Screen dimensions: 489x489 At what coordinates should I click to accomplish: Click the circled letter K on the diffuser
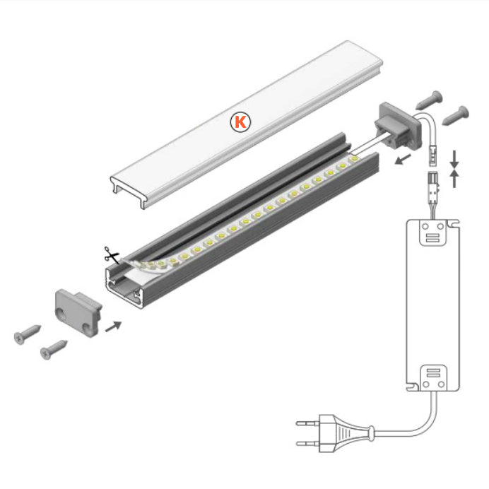tap(241, 122)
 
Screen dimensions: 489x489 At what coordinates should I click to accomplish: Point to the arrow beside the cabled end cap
tap(403, 160)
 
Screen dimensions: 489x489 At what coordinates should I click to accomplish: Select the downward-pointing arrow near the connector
tap(454, 156)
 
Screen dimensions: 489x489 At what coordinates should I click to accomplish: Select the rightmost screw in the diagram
tap(455, 112)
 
